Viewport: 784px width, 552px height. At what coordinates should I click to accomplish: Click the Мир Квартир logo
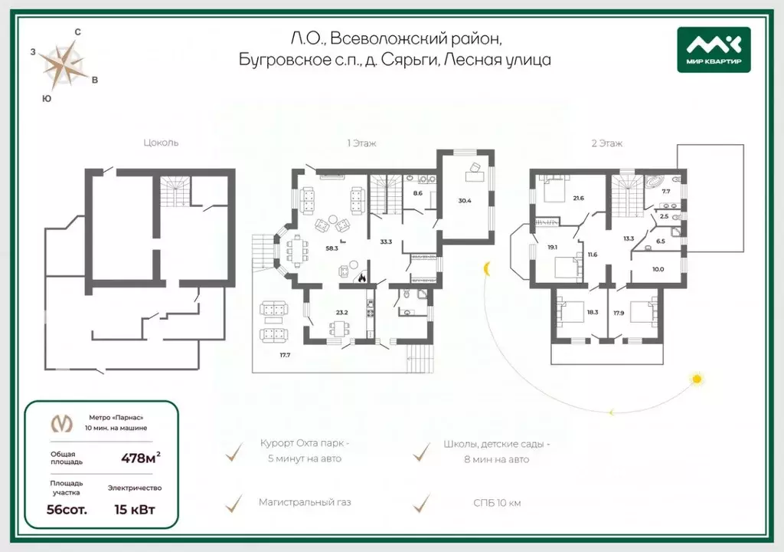714,50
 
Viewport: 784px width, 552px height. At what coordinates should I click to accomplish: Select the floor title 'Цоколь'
161,143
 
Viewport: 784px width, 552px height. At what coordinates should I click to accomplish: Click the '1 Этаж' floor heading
361,143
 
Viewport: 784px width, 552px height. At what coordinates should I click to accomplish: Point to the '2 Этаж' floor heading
606,143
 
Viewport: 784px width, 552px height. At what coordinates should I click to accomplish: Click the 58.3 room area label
332,248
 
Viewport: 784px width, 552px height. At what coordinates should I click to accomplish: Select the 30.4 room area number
465,201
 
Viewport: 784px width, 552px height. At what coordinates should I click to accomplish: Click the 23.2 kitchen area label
341,313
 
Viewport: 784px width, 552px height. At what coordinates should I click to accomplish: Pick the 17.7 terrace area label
285,355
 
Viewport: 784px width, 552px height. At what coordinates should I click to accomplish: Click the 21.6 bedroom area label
579,199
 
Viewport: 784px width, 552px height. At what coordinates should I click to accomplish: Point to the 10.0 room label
658,270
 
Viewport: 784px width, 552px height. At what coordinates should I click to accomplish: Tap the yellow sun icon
697,379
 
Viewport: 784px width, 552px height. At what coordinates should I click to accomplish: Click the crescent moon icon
486,269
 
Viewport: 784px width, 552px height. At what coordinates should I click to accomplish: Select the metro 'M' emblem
62,423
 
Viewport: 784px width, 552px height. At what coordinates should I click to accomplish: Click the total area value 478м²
141,458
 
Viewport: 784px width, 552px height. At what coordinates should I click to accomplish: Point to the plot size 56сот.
67,510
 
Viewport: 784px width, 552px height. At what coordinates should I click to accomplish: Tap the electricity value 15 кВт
135,510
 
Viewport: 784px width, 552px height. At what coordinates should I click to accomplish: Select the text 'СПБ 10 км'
497,503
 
